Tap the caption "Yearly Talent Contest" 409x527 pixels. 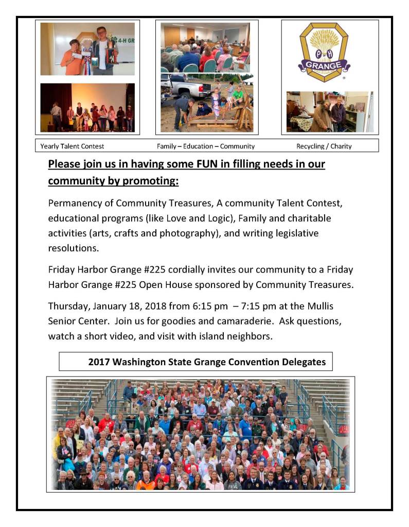[72, 146]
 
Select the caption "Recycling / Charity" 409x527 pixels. [324, 146]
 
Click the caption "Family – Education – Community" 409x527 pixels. [205, 146]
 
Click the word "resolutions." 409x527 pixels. [72, 248]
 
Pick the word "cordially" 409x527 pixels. [184, 270]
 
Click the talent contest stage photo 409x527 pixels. [87, 108]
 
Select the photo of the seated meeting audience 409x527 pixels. [205, 47]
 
